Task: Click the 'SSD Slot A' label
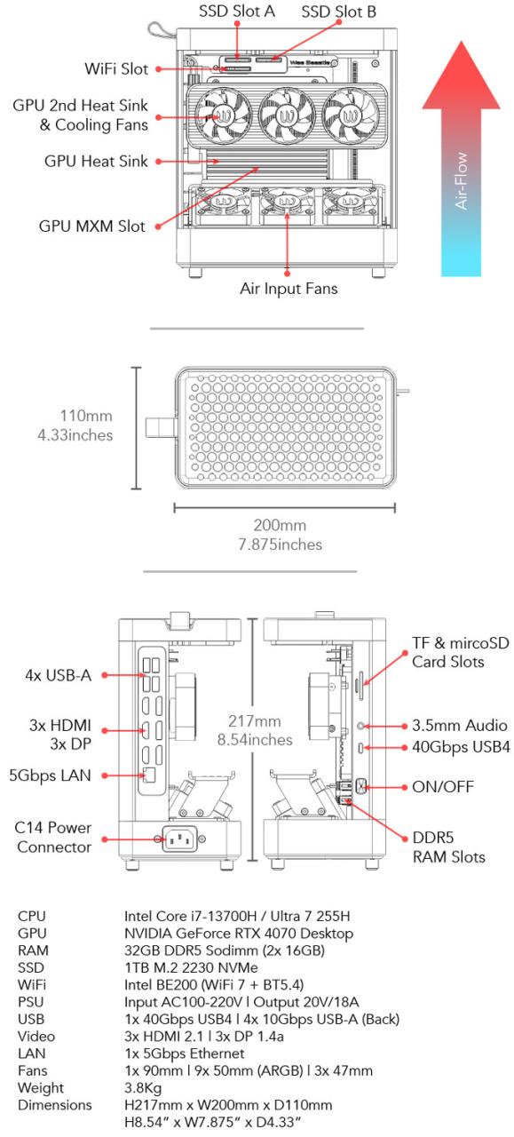coord(236,12)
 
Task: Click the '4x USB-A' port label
coord(55,676)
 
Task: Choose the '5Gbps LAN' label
coord(50,775)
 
